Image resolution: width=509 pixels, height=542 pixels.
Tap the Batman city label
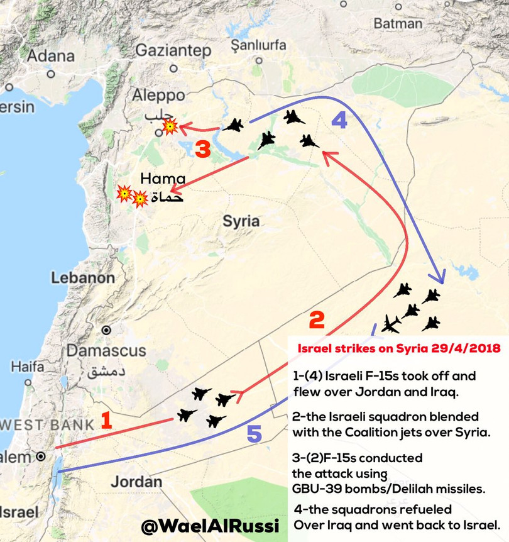click(x=398, y=23)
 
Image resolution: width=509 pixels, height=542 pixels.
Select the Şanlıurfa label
click(x=258, y=45)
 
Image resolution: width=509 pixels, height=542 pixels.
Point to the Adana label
click(x=51, y=55)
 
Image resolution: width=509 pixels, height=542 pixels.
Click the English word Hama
click(x=163, y=179)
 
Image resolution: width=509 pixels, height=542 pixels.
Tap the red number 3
click(x=202, y=150)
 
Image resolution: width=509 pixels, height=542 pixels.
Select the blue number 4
click(x=339, y=121)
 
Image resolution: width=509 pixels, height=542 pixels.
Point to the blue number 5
click(x=254, y=434)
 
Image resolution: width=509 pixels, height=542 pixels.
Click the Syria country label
click(x=241, y=221)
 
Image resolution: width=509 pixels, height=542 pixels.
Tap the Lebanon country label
click(x=83, y=278)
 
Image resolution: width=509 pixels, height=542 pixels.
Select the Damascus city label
click(x=107, y=350)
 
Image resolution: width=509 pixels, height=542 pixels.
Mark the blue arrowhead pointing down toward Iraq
click(x=441, y=277)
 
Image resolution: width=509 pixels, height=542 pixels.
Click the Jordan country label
click(x=136, y=482)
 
